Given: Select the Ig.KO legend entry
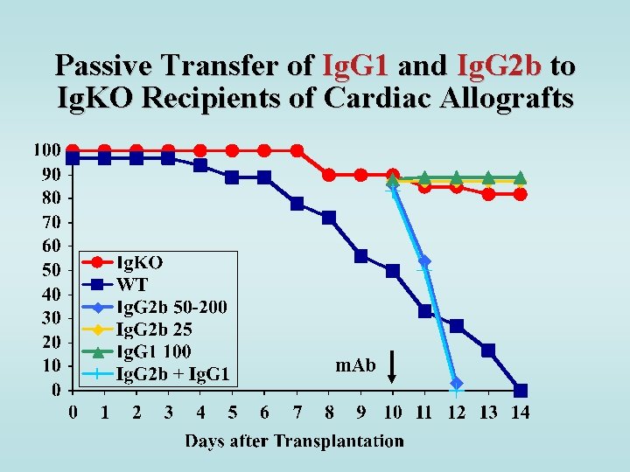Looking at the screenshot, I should click(x=140, y=261).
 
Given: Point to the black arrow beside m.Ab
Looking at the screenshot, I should click(x=393, y=365).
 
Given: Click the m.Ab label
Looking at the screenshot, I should click(x=355, y=365).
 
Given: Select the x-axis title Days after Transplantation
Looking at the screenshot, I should click(x=294, y=441).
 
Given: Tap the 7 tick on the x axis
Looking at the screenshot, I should click(x=297, y=411).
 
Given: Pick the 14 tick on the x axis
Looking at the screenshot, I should click(x=521, y=411).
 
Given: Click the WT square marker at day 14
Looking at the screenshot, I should click(x=521, y=390).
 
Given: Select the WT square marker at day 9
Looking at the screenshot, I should click(x=360, y=256).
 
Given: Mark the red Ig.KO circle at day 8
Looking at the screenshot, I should click(x=329, y=175).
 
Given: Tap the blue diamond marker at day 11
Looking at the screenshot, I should click(x=424, y=261).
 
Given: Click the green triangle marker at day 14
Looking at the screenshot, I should click(x=521, y=177).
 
